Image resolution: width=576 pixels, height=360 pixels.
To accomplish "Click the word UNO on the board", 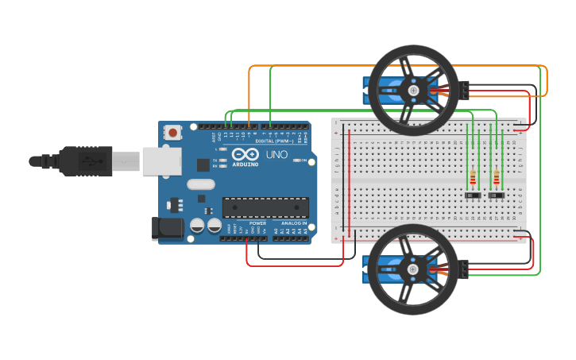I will [x=276, y=154].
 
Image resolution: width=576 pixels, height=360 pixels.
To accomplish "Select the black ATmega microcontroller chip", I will [x=265, y=207].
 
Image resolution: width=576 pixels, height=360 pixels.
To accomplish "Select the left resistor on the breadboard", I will [x=474, y=176].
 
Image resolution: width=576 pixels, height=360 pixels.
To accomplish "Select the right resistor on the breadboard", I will [x=497, y=176].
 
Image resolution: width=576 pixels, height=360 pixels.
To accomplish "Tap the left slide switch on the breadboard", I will [x=473, y=195].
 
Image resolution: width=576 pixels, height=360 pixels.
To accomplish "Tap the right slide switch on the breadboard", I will [x=497, y=195].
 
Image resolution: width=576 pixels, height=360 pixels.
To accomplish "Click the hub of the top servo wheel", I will [x=413, y=91].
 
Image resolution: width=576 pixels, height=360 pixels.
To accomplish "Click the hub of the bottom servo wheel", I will [x=413, y=269].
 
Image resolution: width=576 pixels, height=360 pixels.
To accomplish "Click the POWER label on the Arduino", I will [x=258, y=223].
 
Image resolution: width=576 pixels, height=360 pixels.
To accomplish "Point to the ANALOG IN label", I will [x=290, y=223].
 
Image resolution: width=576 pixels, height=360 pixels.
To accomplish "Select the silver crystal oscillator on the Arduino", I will [x=201, y=184].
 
